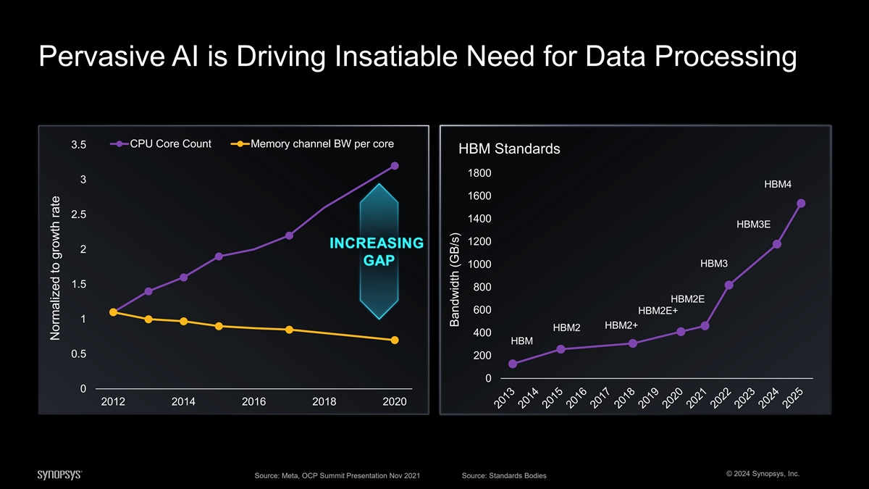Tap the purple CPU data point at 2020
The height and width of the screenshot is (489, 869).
395,166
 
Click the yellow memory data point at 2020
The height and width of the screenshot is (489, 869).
395,340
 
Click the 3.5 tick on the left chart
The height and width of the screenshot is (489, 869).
79,145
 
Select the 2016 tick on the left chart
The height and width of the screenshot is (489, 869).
253,402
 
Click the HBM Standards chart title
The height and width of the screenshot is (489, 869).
509,150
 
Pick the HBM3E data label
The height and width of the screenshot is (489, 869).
753,225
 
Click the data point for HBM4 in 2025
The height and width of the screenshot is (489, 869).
801,204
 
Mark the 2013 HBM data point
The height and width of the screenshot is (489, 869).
513,364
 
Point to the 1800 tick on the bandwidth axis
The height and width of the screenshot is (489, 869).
479,173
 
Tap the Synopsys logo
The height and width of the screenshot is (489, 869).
59,475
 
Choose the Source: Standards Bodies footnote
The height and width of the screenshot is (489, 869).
503,475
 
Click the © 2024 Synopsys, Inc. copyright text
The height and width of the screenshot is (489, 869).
757,474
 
